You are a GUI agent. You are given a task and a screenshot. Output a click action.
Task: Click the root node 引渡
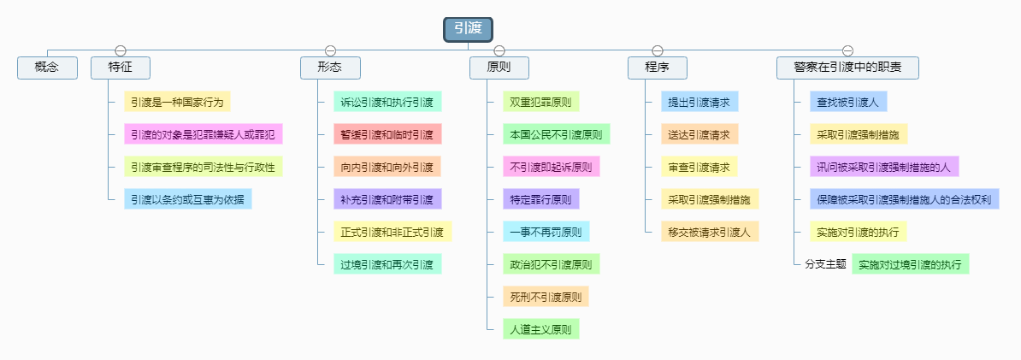click(x=469, y=29)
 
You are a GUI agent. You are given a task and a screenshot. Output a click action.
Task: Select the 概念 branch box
click(x=47, y=68)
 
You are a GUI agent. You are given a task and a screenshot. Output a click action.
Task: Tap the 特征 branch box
click(x=121, y=68)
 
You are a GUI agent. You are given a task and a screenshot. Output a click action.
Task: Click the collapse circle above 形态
click(x=330, y=50)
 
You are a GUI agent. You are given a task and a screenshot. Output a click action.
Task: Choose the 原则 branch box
click(x=499, y=68)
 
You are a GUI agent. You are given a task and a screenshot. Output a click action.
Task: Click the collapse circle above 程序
click(x=658, y=50)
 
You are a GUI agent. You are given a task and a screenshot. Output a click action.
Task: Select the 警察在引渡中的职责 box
click(x=847, y=68)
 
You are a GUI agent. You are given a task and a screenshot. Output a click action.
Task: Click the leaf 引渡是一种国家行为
click(x=177, y=102)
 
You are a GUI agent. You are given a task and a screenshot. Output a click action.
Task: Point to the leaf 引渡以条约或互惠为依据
click(x=188, y=199)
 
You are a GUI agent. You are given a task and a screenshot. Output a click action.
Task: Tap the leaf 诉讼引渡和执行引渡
click(x=387, y=102)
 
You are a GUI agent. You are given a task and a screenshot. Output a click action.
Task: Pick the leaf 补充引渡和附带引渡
click(x=387, y=199)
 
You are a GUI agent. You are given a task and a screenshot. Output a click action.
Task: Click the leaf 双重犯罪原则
click(x=540, y=102)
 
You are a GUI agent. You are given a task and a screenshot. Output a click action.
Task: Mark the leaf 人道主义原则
click(x=540, y=329)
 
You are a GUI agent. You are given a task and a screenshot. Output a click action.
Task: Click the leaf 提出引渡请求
click(x=699, y=102)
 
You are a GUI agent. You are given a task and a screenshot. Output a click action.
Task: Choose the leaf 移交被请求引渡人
click(x=709, y=232)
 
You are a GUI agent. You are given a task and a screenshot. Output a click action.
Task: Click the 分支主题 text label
click(x=825, y=264)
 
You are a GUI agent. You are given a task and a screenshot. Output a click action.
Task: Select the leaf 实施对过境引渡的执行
click(x=910, y=264)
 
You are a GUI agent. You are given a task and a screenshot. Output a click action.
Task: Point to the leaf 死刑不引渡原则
click(x=546, y=297)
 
